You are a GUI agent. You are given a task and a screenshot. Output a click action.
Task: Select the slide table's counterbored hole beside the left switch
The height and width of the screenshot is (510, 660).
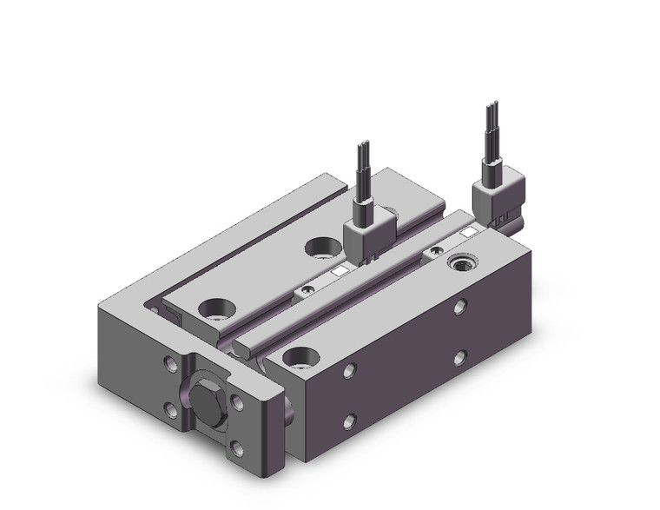point(321,248)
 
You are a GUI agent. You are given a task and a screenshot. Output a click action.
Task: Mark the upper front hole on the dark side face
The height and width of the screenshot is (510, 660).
point(348,372)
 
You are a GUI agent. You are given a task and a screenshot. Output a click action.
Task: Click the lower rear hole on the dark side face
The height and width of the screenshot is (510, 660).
point(459,356)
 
